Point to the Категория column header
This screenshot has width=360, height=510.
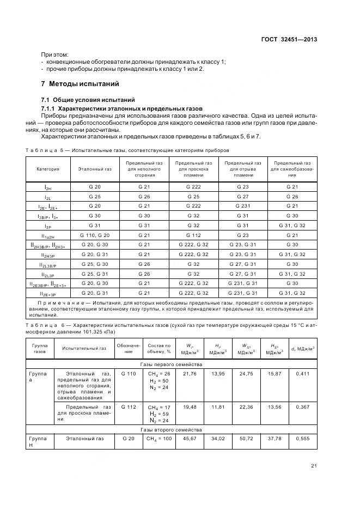[48, 169]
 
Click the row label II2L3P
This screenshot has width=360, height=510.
[48, 274]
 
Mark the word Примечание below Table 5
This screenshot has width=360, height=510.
[60, 302]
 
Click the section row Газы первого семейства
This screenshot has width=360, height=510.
[170, 364]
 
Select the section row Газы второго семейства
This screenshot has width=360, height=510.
[170, 429]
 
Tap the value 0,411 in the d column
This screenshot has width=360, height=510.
[303, 373]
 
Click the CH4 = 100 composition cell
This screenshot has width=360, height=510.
[159, 439]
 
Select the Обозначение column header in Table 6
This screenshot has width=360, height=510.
[129, 348]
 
